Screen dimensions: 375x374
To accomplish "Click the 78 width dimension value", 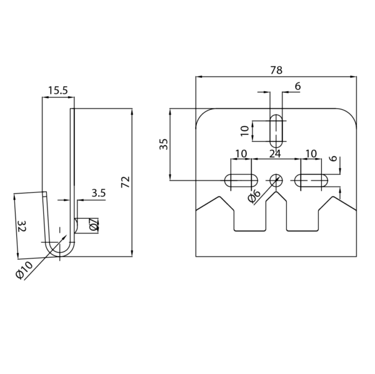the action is (x=276, y=71).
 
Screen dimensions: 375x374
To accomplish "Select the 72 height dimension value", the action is (x=126, y=182).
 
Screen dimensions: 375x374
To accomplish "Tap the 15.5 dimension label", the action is (x=58, y=91).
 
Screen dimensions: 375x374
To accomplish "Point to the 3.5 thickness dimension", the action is (x=99, y=193).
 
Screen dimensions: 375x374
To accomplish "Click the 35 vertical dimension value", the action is (x=164, y=144).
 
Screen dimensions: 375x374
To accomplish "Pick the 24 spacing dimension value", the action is (x=275, y=154).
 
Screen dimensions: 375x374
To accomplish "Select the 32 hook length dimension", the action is (x=22, y=226).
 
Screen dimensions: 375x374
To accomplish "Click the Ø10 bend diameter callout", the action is (x=24, y=270).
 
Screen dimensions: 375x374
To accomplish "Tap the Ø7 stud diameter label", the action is (x=94, y=225).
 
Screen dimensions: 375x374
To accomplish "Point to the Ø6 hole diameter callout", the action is (x=254, y=196).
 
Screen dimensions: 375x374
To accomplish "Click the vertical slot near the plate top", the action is (x=276, y=131).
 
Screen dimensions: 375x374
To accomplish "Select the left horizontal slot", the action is (x=241, y=180).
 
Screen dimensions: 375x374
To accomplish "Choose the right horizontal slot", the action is (x=311, y=180).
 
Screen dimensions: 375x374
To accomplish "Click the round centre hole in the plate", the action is (x=276, y=180).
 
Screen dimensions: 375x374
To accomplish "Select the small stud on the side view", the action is (x=76, y=225).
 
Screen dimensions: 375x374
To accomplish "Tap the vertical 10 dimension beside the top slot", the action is (x=245, y=131).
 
